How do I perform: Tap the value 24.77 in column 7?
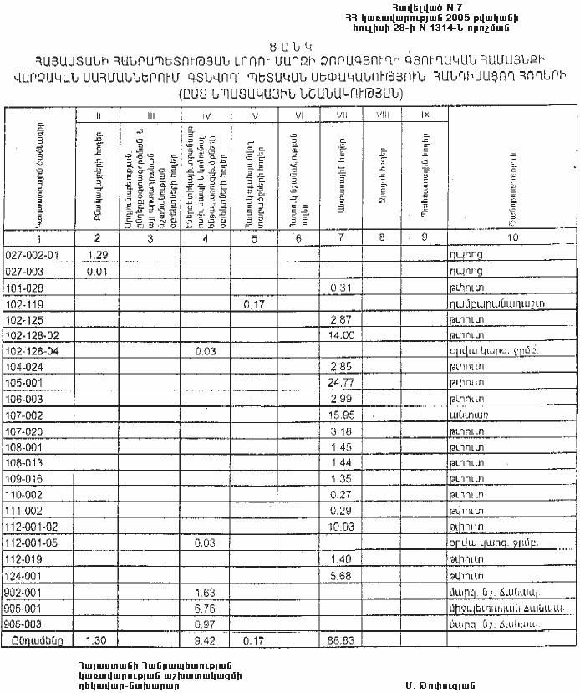pyautogui.click(x=339, y=382)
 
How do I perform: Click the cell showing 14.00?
pyautogui.click(x=339, y=334)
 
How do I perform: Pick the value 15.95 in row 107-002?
pyautogui.click(x=339, y=415)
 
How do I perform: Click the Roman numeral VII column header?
pyautogui.click(x=339, y=114)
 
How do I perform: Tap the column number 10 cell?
pyautogui.click(x=508, y=238)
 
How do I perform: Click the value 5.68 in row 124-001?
pyautogui.click(x=339, y=575)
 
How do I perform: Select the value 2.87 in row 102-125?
pyautogui.click(x=339, y=319)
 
